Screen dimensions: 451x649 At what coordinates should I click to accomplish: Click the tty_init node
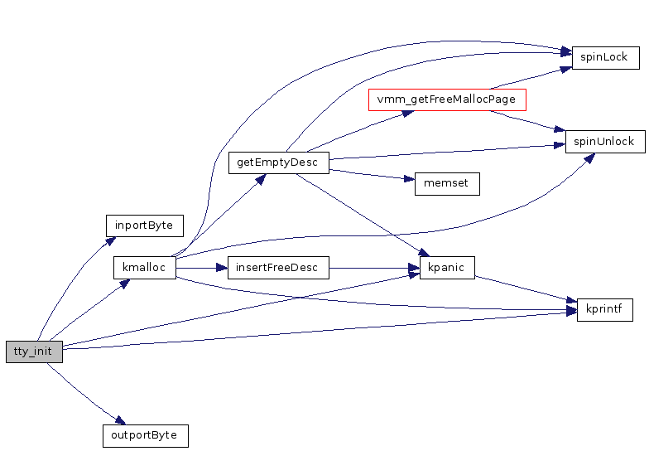34,352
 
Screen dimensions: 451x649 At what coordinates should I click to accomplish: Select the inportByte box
144,225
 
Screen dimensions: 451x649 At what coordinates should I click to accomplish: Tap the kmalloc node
144,268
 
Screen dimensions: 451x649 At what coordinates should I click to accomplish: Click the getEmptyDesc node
278,162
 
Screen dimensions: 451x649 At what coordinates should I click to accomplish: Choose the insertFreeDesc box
278,268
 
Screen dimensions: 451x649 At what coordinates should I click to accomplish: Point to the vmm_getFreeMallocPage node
446,99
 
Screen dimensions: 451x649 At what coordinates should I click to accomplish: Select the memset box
447,184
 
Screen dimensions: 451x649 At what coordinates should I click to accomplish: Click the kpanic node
447,268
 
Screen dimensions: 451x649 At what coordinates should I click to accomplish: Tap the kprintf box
604,311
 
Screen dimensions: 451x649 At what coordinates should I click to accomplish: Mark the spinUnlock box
604,142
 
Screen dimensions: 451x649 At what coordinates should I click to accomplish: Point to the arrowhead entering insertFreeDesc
222,268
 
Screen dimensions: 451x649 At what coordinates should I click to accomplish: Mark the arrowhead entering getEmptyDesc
260,177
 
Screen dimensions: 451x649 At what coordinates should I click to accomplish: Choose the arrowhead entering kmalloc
124,284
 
